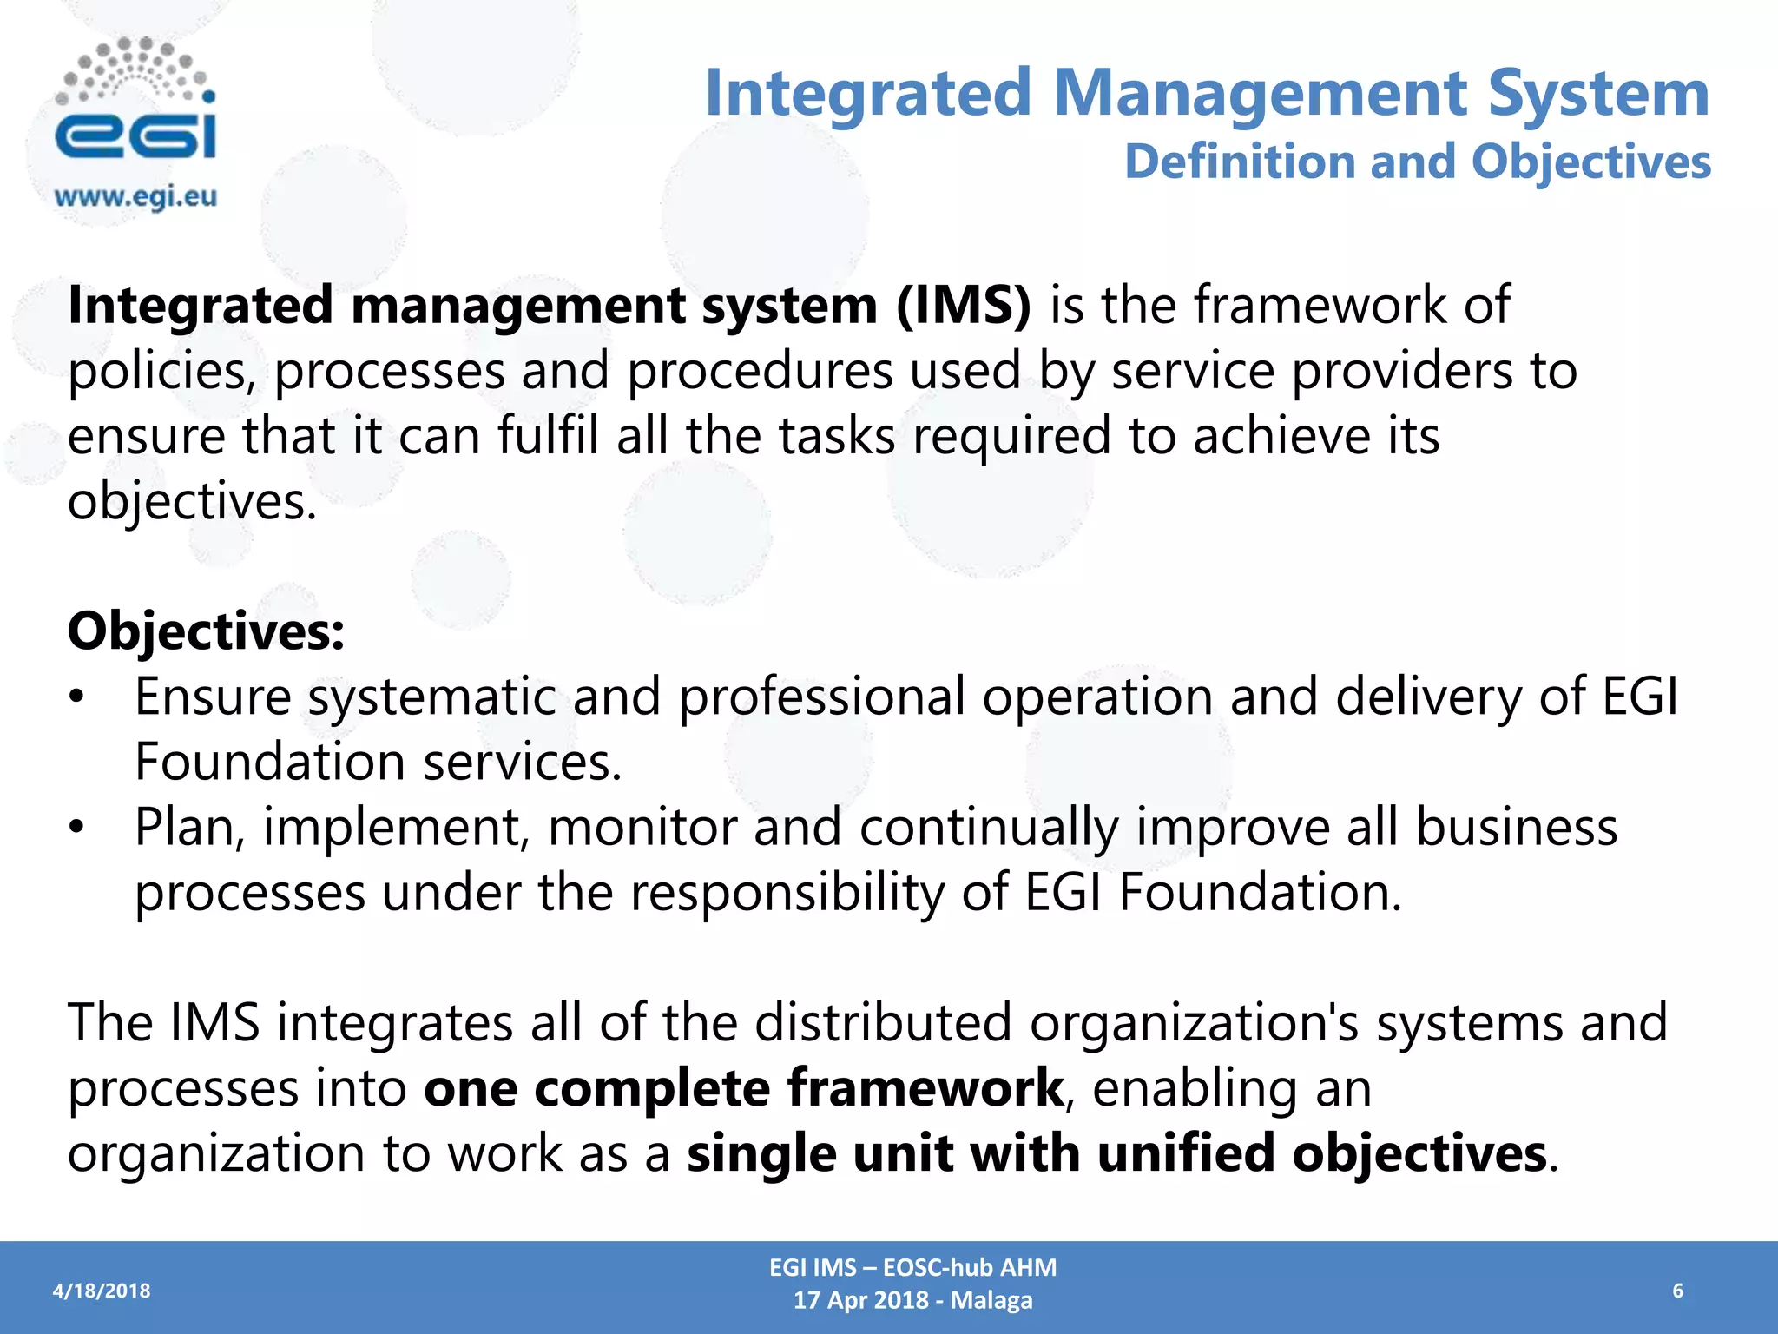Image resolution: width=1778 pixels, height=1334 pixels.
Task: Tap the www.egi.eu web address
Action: point(135,197)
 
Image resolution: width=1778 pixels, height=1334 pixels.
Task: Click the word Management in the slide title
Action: point(1260,94)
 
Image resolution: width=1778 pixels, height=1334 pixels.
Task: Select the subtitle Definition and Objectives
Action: point(1417,162)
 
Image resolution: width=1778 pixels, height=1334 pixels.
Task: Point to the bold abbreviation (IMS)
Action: point(964,306)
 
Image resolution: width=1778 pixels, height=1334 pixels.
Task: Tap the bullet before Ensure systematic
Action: point(77,698)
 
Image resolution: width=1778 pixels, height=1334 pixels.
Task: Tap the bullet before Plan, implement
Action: point(77,829)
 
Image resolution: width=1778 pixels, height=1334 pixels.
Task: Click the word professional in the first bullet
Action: point(821,697)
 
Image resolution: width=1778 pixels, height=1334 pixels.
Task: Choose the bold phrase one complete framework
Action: point(744,1088)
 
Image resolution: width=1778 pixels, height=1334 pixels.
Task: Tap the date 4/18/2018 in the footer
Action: point(102,1291)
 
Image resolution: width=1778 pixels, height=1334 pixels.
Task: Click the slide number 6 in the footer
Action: point(1677,1291)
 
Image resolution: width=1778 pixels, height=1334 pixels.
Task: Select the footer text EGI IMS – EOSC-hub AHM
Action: point(912,1268)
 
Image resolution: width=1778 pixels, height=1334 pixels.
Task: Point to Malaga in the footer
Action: point(991,1301)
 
